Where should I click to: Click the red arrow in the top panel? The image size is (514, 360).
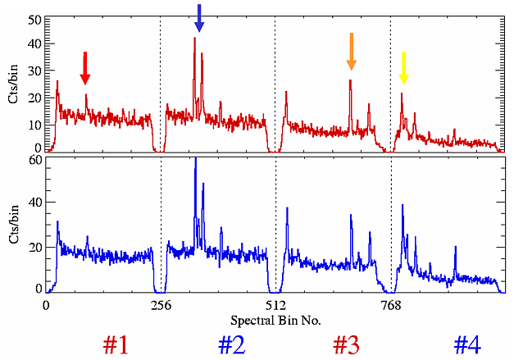tap(84, 68)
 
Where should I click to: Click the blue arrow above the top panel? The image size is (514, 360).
tap(199, 18)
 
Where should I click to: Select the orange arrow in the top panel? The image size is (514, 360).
tap(351, 51)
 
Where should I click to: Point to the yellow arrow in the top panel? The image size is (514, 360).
tap(403, 68)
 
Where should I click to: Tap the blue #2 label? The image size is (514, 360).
tap(231, 344)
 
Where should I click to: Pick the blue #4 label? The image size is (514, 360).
tap(466, 344)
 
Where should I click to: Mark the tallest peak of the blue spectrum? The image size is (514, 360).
tap(195, 161)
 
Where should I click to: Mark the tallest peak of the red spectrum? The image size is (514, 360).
tap(194, 39)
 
